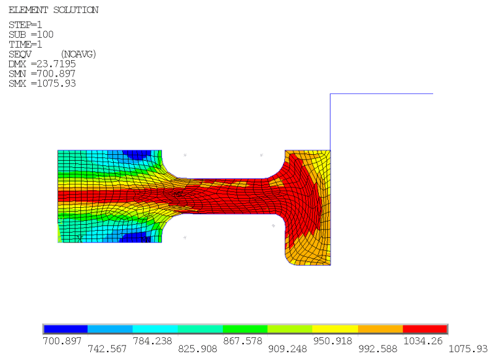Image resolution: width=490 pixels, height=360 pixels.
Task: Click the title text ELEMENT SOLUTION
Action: click(54, 10)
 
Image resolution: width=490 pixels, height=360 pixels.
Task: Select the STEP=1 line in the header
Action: click(25, 25)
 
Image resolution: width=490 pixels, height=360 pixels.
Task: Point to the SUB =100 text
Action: click(31, 35)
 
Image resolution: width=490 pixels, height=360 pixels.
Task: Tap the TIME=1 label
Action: click(25, 44)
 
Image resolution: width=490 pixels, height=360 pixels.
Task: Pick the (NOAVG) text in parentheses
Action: click(78, 54)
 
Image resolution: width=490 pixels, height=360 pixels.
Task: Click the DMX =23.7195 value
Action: click(42, 64)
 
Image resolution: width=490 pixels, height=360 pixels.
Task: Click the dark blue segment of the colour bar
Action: click(65, 329)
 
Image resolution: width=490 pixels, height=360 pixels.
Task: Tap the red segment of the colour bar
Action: click(425, 329)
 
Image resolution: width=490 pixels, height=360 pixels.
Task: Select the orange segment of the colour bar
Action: click(380, 329)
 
